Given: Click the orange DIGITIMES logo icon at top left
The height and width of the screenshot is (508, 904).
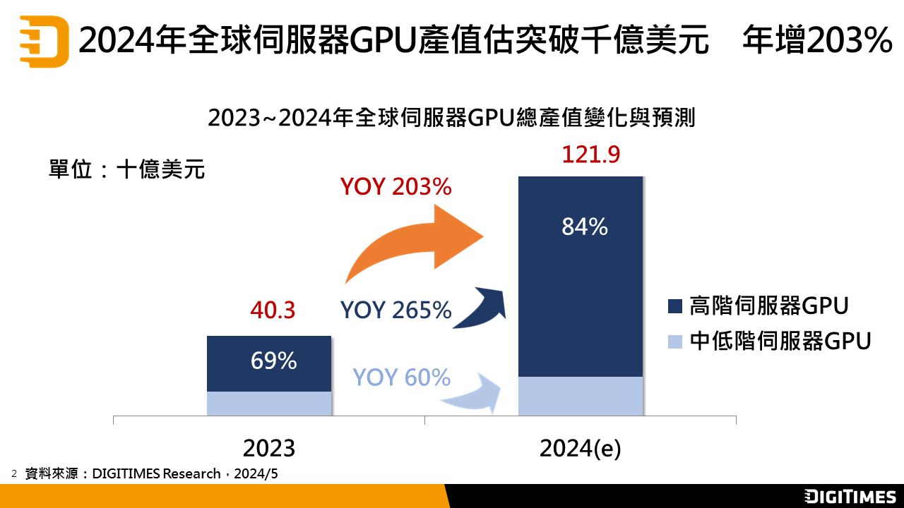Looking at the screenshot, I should coord(44,42).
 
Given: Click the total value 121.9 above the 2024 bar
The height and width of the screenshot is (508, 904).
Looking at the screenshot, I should coord(590,155).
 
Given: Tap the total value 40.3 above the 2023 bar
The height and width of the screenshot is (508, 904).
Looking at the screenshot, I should coord(273,310).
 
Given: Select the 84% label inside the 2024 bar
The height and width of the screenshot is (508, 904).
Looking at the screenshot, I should coord(584,226).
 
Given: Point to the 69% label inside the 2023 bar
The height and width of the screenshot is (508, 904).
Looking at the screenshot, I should coord(273,361).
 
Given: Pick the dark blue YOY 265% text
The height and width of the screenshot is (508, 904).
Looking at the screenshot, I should coord(395,310).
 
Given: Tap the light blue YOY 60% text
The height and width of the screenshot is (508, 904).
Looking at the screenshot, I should coord(401,377).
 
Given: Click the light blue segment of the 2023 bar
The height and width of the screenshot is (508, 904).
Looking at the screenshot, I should coord(269,403).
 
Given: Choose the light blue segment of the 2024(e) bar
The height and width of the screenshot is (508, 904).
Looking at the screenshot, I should coord(581,396).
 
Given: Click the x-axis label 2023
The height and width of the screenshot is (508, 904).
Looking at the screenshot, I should coord(268,448).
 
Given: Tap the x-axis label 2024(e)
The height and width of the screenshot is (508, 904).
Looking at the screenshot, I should coord(580,448).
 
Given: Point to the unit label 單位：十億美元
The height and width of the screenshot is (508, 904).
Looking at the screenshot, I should coord(126,169).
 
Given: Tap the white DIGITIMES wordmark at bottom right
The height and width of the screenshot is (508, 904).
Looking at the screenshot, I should coord(850,496).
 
